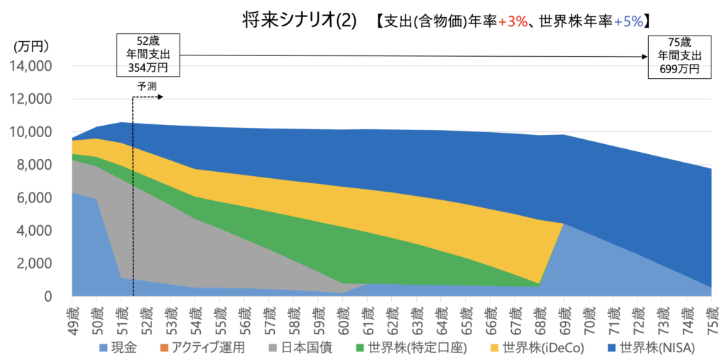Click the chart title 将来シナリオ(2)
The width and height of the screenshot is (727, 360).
pos(298,21)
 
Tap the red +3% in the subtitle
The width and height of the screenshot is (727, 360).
pos(512,22)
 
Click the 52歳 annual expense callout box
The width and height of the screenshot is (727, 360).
pos(148,55)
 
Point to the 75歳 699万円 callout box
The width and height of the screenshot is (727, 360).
pos(679,55)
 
